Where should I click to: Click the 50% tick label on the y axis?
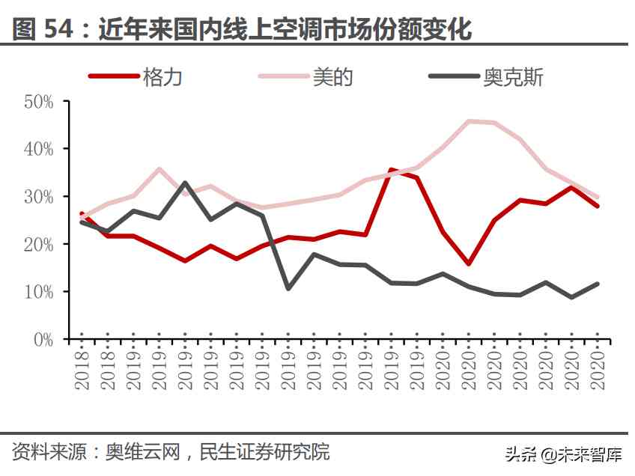point(38,102)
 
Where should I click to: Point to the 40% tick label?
point(38,149)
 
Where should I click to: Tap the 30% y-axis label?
point(38,197)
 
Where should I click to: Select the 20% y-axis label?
point(38,244)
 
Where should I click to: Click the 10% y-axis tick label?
point(38,292)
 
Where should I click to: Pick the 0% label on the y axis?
point(43,339)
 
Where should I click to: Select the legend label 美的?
point(332,76)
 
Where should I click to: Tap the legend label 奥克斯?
point(513,76)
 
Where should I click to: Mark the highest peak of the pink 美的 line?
point(469,121)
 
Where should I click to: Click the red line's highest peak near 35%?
point(391,171)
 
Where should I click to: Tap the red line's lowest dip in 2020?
point(469,264)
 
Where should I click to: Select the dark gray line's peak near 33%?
point(184,183)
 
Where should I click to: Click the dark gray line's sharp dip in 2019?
point(288,288)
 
